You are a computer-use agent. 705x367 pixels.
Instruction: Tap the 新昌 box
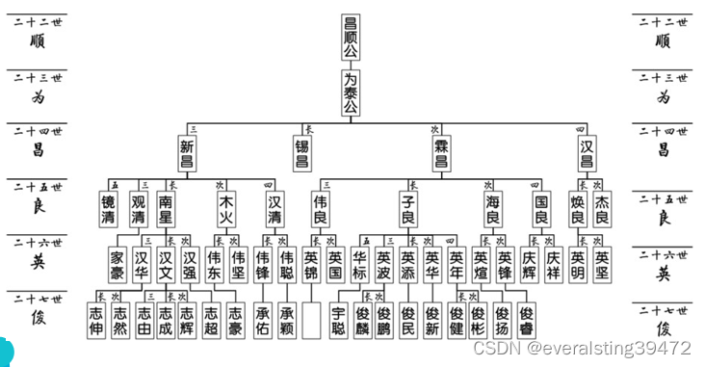[x=188, y=153]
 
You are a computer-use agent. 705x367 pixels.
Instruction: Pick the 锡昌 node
[x=302, y=153]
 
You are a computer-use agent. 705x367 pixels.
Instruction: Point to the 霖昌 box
[x=442, y=153]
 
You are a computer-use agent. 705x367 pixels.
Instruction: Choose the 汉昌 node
[x=587, y=153]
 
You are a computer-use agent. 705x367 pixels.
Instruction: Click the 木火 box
[x=227, y=209]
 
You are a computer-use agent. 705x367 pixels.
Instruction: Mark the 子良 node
[x=407, y=209]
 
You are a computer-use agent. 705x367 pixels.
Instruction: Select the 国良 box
[x=541, y=209]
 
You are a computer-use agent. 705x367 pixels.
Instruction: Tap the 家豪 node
[x=117, y=264]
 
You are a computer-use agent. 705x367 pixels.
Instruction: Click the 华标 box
[x=359, y=264]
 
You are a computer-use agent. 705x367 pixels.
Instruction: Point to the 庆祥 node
[x=553, y=264]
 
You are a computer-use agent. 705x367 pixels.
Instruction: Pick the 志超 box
[x=212, y=320]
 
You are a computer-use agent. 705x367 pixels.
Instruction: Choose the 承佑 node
[x=263, y=320]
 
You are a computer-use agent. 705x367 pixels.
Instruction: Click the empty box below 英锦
[x=310, y=320]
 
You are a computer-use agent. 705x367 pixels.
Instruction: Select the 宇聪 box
[x=337, y=320]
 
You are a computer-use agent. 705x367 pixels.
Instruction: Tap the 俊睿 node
[x=526, y=320]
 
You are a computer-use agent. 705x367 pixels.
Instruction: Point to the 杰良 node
[x=602, y=209]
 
